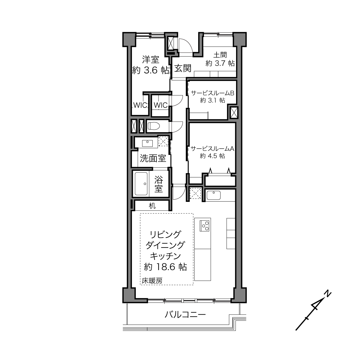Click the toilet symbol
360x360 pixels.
(x=154, y=126)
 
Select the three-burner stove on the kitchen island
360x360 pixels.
(x=204, y=226)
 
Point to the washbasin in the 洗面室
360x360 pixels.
(x=147, y=143)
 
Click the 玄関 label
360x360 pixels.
(x=183, y=68)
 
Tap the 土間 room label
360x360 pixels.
(x=220, y=55)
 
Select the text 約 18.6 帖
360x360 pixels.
(x=166, y=267)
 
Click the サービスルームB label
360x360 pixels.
(x=212, y=93)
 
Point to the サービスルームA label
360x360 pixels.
(x=212, y=149)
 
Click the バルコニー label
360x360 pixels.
(x=185, y=315)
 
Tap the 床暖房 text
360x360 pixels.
(x=152, y=281)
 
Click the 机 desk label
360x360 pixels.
(x=152, y=206)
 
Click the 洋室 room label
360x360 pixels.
(x=151, y=60)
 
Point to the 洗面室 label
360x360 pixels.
(x=153, y=158)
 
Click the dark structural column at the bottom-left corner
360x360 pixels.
(x=129, y=296)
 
